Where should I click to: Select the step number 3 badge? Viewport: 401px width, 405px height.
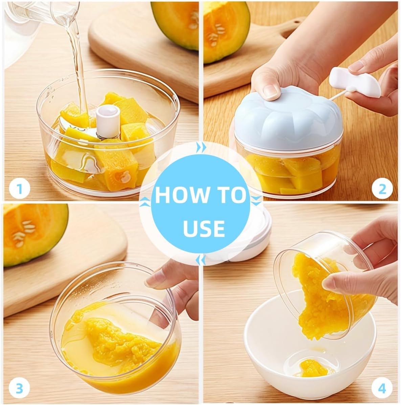19,388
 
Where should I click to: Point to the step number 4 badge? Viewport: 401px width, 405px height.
382,388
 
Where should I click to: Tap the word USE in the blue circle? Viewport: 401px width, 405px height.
204,229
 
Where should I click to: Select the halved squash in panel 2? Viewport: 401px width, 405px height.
226,31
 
